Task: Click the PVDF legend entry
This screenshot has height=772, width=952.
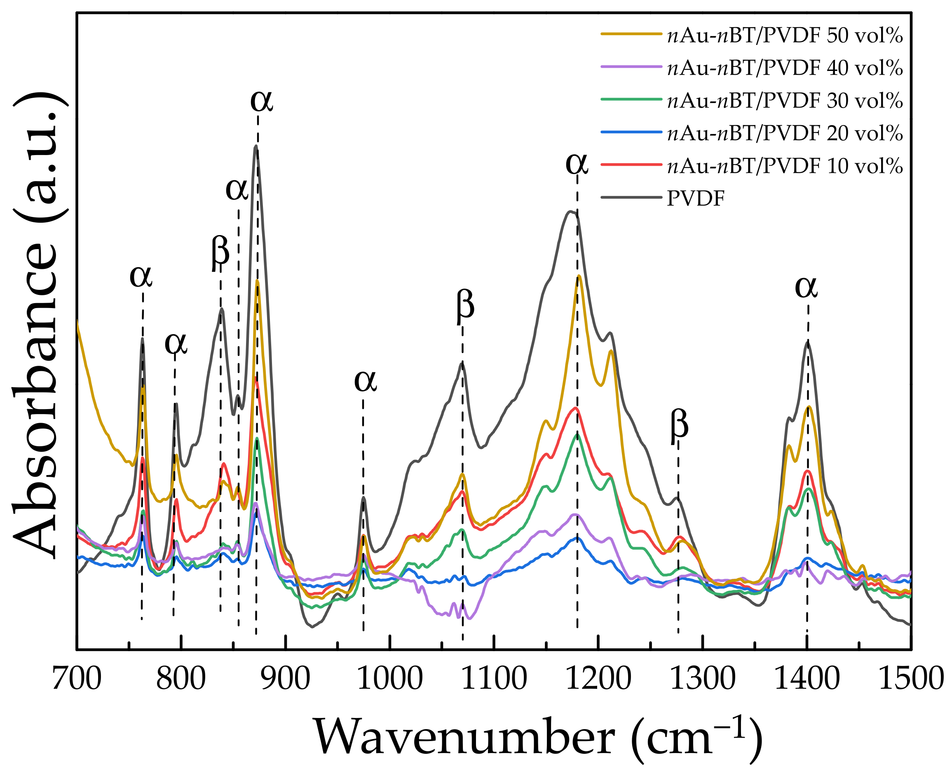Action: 695,199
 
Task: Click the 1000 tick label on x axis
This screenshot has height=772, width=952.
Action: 389,680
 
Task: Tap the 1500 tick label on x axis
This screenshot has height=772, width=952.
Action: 910,680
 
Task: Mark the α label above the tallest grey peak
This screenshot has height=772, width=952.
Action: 261,101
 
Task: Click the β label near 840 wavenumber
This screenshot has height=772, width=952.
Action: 220,252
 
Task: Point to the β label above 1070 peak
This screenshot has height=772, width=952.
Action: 465,306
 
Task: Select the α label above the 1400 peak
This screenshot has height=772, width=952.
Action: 806,287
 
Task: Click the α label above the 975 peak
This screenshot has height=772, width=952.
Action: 365,381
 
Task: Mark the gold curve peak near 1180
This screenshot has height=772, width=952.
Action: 579,276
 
